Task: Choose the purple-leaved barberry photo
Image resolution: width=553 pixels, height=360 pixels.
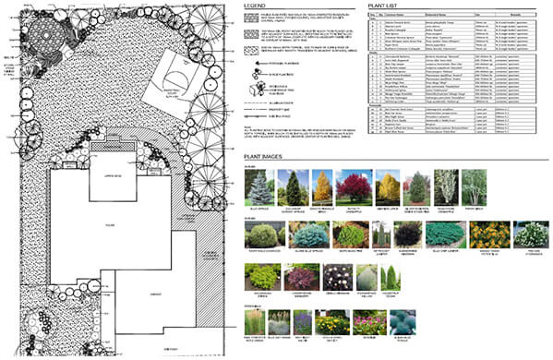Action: [x=296, y=276]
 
